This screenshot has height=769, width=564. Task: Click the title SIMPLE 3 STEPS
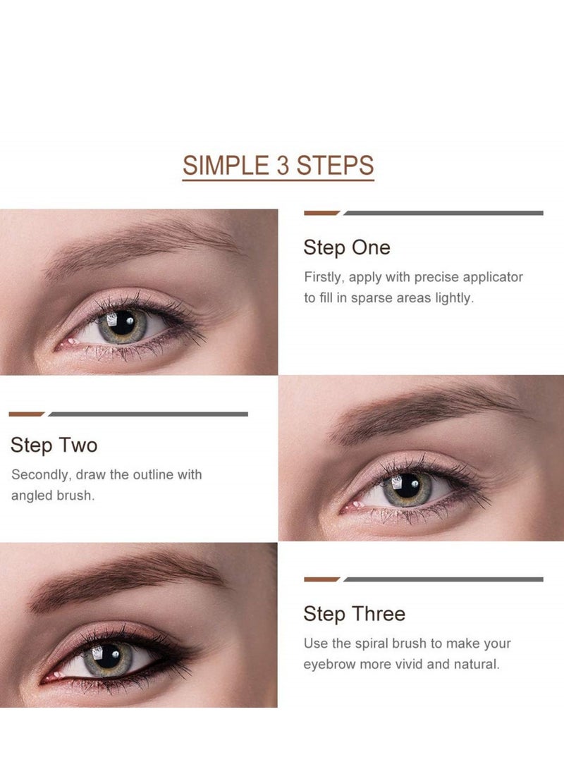(278, 166)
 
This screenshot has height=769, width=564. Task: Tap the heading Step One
(346, 247)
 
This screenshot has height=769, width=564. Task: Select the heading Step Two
(54, 445)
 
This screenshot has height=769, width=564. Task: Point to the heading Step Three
(354, 614)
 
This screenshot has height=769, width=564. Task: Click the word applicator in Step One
(489, 277)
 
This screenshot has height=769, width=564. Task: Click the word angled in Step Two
(32, 496)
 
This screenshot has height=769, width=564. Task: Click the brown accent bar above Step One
(321, 212)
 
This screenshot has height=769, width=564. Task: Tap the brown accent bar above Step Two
(26, 414)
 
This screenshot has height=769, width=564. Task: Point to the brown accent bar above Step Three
(321, 579)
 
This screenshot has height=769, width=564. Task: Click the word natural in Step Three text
(476, 665)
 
